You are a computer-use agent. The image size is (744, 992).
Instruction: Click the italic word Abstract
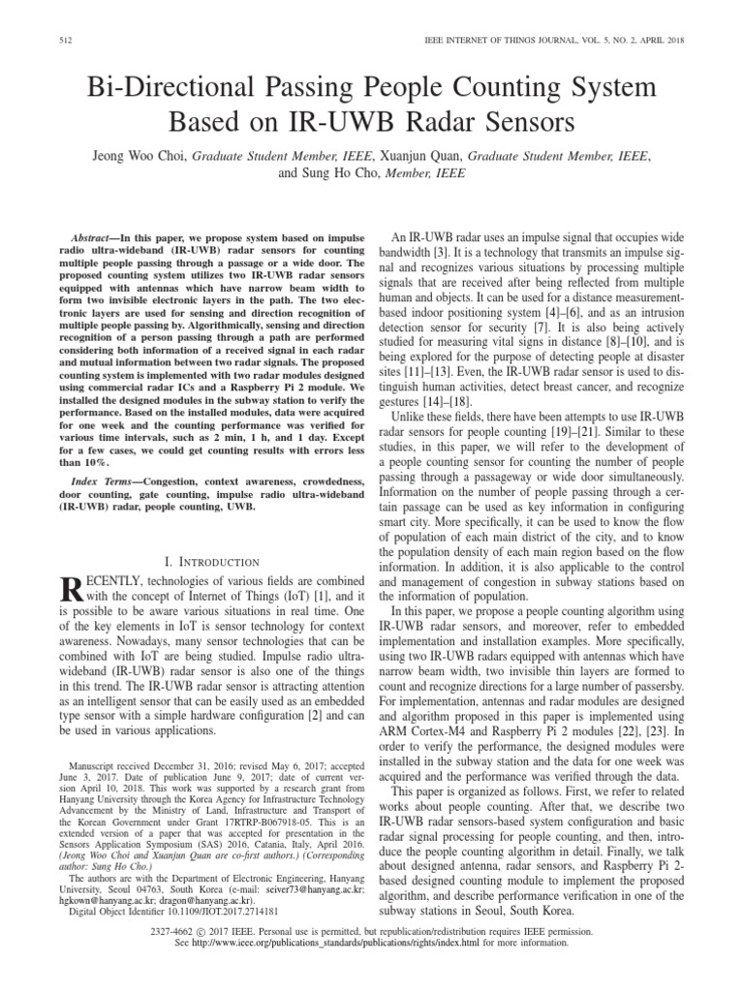coord(101,237)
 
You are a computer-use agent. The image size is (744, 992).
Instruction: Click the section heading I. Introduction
coord(209,562)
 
